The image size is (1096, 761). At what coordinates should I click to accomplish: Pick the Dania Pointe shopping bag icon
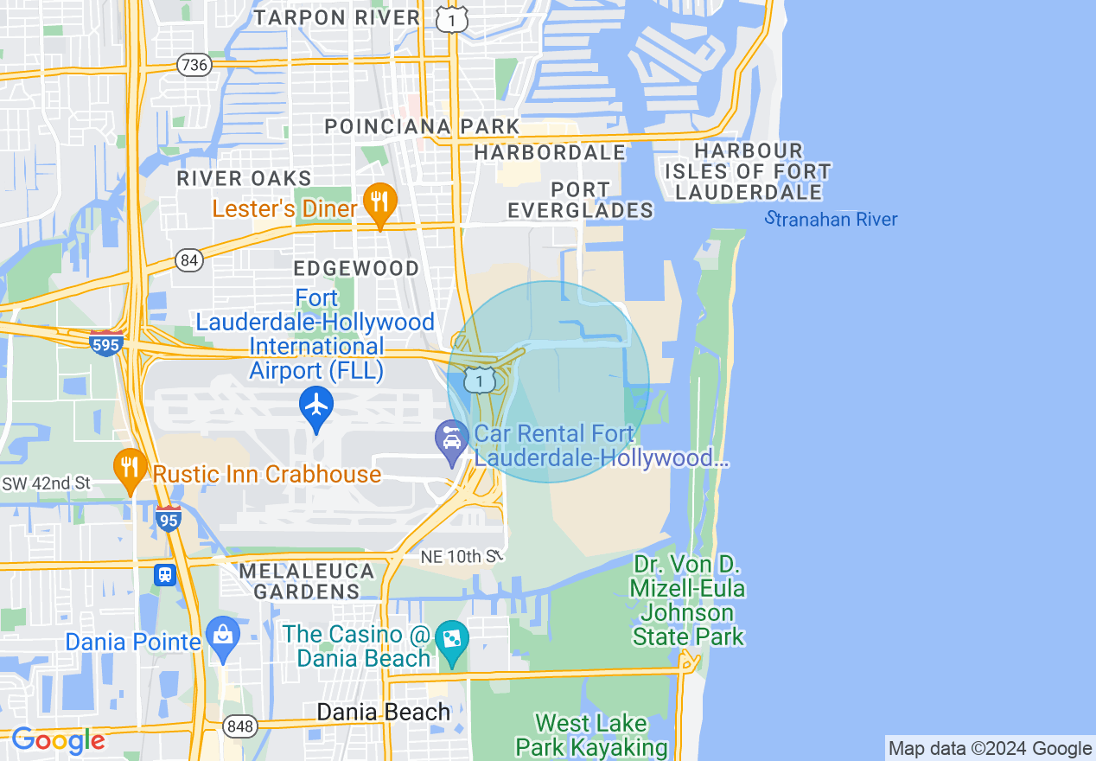pos(223,637)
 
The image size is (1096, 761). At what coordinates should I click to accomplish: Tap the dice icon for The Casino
pos(451,641)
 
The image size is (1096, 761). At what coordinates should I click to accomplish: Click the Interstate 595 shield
pos(106,342)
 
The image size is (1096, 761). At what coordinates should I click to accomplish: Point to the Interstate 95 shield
pos(169,518)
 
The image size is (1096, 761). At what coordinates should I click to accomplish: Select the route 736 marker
pos(192,64)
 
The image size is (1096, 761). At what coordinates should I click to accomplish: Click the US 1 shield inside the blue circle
pos(479,379)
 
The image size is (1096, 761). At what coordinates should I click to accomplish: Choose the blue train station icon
pos(164,574)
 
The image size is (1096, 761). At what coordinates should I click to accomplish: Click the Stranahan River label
pos(832,219)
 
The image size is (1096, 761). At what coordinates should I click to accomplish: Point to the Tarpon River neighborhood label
pos(337,17)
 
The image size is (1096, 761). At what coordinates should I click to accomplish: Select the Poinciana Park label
pos(422,127)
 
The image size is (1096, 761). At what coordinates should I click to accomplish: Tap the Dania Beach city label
pos(384,713)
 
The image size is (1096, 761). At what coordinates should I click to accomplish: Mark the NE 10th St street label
pos(462,557)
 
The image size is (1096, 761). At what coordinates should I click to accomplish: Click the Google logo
pos(58,740)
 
